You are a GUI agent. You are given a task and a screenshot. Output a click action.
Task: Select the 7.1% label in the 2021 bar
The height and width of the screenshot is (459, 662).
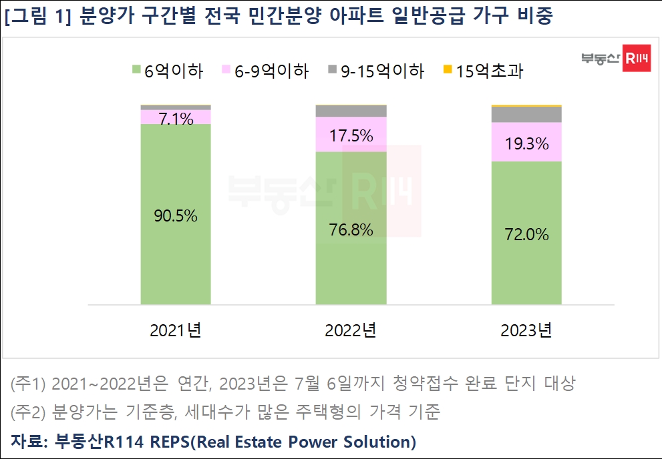[176, 119]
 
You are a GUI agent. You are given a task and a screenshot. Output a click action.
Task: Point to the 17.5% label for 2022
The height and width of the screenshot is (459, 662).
[351, 135]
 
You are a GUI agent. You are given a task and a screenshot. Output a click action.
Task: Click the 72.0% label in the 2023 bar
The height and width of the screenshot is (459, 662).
[526, 234]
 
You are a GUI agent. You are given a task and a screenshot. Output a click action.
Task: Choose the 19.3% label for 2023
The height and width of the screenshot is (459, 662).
[526, 143]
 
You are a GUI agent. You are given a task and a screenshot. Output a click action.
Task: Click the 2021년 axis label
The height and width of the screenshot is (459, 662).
[176, 330]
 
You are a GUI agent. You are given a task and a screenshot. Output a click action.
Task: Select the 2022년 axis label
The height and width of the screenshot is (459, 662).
[351, 330]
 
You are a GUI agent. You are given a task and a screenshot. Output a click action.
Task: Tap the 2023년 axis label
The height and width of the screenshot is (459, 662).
[526, 330]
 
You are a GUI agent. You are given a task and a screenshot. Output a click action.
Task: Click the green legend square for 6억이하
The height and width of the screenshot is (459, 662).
[136, 69]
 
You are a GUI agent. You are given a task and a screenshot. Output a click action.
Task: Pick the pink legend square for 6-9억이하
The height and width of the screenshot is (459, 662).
[227, 69]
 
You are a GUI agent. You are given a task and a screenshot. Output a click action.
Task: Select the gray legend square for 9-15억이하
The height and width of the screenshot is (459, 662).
[332, 69]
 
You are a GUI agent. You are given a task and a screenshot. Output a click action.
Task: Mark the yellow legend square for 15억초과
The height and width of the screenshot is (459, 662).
[448, 69]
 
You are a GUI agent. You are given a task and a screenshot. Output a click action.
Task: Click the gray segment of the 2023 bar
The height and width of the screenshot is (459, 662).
[526, 114]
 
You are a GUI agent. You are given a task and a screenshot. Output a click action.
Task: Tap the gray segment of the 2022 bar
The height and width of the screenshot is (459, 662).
[351, 111]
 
